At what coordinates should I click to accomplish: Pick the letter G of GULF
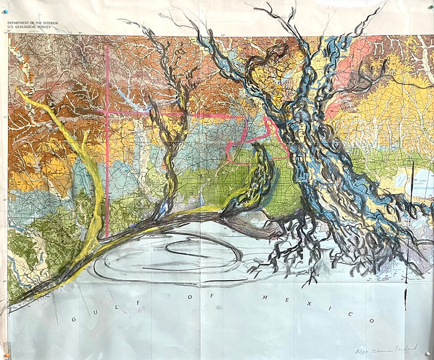tap(74, 319)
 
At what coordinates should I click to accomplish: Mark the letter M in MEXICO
tap(263, 298)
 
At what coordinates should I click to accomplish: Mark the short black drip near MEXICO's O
tap(407, 293)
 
